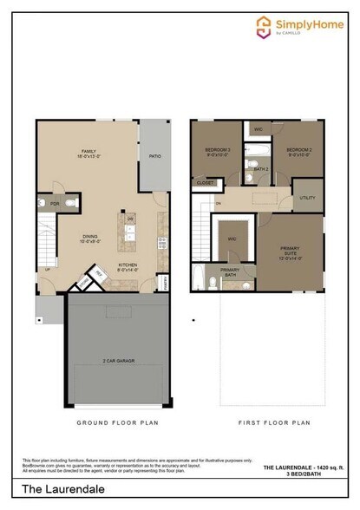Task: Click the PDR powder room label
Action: (55, 205)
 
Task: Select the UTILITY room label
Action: (307, 198)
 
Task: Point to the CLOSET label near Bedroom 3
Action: (206, 183)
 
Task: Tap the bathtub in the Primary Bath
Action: (199, 279)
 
